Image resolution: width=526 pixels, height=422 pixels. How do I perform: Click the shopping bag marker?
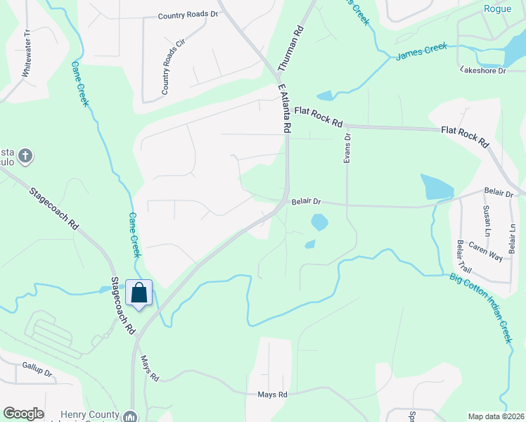pyautogui.click(x=139, y=293)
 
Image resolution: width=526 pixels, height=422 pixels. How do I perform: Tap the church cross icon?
pyautogui.click(x=25, y=155)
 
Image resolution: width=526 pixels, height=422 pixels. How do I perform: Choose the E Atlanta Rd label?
pyautogui.click(x=284, y=109)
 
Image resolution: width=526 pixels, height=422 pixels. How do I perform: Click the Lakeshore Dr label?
pyautogui.click(x=482, y=70)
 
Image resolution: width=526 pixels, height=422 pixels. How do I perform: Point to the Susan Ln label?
pyautogui.click(x=487, y=222)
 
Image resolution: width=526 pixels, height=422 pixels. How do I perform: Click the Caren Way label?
pyautogui.click(x=486, y=252)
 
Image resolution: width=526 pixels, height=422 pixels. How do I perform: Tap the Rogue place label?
pyautogui.click(x=498, y=8)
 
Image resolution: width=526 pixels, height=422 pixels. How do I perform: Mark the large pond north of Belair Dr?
pyautogui.click(x=437, y=187)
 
